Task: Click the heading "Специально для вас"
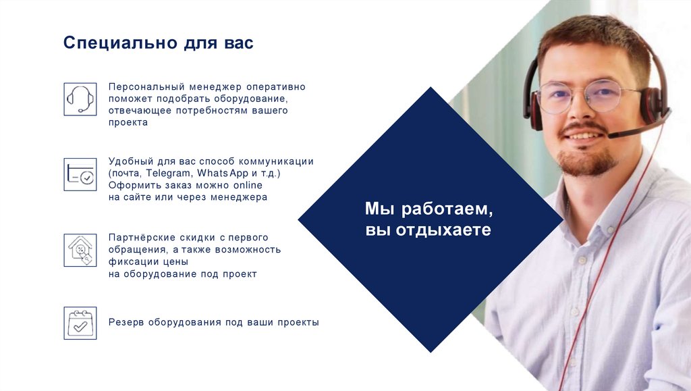click(x=159, y=43)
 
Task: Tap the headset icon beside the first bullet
click(x=80, y=99)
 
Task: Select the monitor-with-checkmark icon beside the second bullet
click(x=80, y=174)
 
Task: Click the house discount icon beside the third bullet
click(x=80, y=250)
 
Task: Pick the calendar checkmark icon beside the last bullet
click(x=80, y=323)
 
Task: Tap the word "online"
click(x=247, y=185)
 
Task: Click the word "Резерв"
click(x=126, y=323)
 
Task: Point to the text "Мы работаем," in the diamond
click(x=430, y=209)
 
